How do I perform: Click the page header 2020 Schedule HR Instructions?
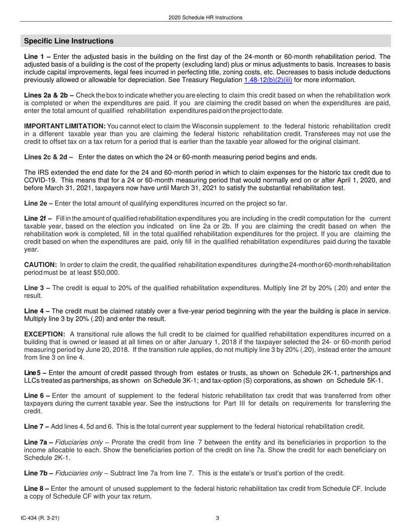205,18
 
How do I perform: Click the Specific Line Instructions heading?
69,41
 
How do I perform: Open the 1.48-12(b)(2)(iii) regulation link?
268,80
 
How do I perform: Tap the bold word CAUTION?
40,265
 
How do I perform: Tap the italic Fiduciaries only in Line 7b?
77,473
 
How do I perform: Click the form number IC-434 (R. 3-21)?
41,518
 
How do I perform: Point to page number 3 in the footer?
218,518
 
